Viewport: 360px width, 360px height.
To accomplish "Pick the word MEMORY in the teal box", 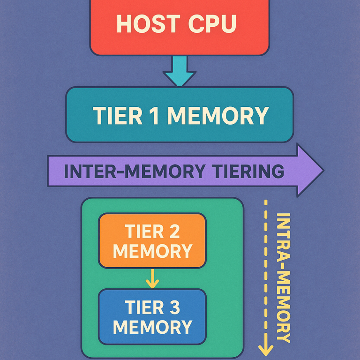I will (x=217, y=115).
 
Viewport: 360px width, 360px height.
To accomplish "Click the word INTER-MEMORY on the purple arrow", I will (x=134, y=171).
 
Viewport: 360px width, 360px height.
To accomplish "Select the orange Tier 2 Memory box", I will (x=152, y=240).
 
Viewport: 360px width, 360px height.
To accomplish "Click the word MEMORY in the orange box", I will (x=152, y=251).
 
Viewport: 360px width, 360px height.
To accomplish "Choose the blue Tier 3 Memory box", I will (x=152, y=317).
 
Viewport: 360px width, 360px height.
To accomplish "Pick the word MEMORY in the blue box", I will (x=152, y=327).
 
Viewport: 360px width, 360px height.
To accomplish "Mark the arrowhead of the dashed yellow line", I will (x=265, y=349).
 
